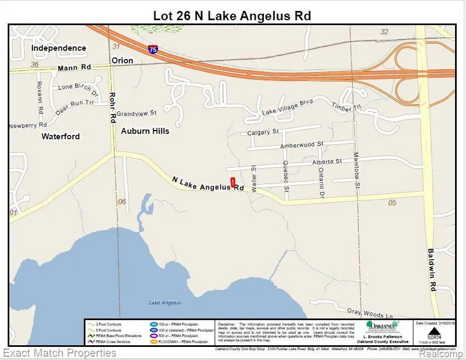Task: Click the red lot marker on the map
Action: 233,183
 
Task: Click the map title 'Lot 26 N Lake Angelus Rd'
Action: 232,15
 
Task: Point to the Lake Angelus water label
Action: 164,303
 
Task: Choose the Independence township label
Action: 59,48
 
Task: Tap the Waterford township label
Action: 60,137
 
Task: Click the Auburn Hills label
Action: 145,131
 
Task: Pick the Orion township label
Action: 122,60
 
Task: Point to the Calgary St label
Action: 263,132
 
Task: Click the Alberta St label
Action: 326,162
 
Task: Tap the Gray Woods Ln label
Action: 370,313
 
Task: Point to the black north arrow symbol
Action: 434,332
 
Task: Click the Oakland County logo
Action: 382,327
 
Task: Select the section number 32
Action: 384,32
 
